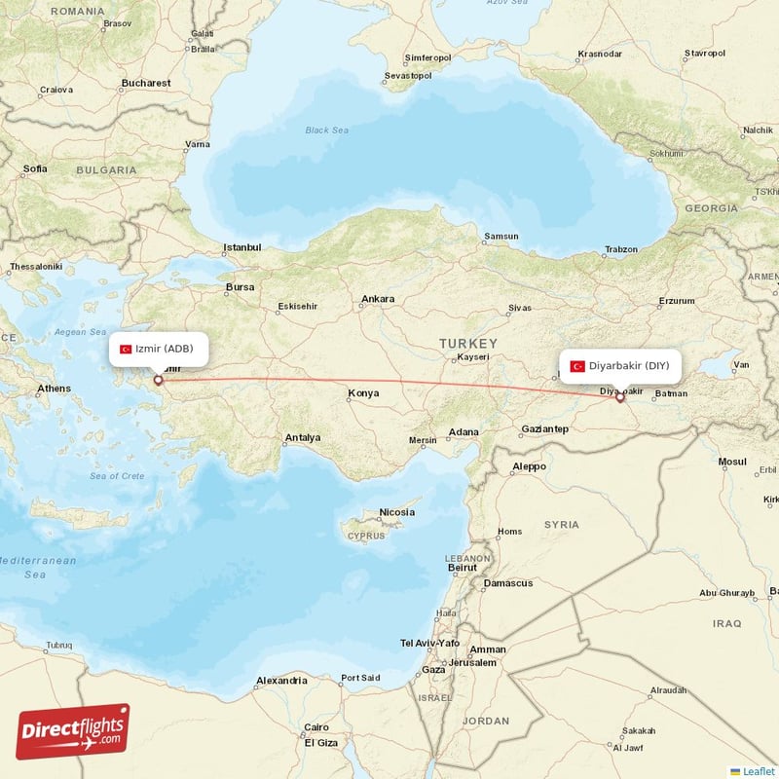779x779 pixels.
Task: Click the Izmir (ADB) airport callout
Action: [x=158, y=349]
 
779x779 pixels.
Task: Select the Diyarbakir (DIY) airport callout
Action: [x=620, y=365]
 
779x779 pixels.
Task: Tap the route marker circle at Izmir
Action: [x=158, y=380]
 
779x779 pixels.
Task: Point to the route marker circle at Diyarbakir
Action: [x=619, y=396]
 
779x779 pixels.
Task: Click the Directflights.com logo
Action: [x=73, y=731]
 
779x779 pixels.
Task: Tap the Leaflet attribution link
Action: [x=758, y=771]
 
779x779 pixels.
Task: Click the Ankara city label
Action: [x=378, y=299]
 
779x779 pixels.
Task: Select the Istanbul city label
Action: [x=242, y=247]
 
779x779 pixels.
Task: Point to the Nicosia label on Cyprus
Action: [x=396, y=512]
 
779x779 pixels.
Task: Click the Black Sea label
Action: [x=326, y=130]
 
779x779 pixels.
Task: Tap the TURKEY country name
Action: [x=467, y=344]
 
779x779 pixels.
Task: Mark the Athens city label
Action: [x=54, y=389]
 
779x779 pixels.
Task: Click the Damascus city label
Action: [x=508, y=583]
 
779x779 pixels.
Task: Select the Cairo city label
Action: [x=315, y=727]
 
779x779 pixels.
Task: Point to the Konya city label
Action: [x=363, y=393]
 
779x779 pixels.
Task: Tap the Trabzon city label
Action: [x=620, y=249]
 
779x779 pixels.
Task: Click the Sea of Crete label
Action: [x=117, y=476]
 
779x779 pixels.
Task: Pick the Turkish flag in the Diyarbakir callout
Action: [x=577, y=366]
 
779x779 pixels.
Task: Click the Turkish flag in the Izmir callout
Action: [x=126, y=349]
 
